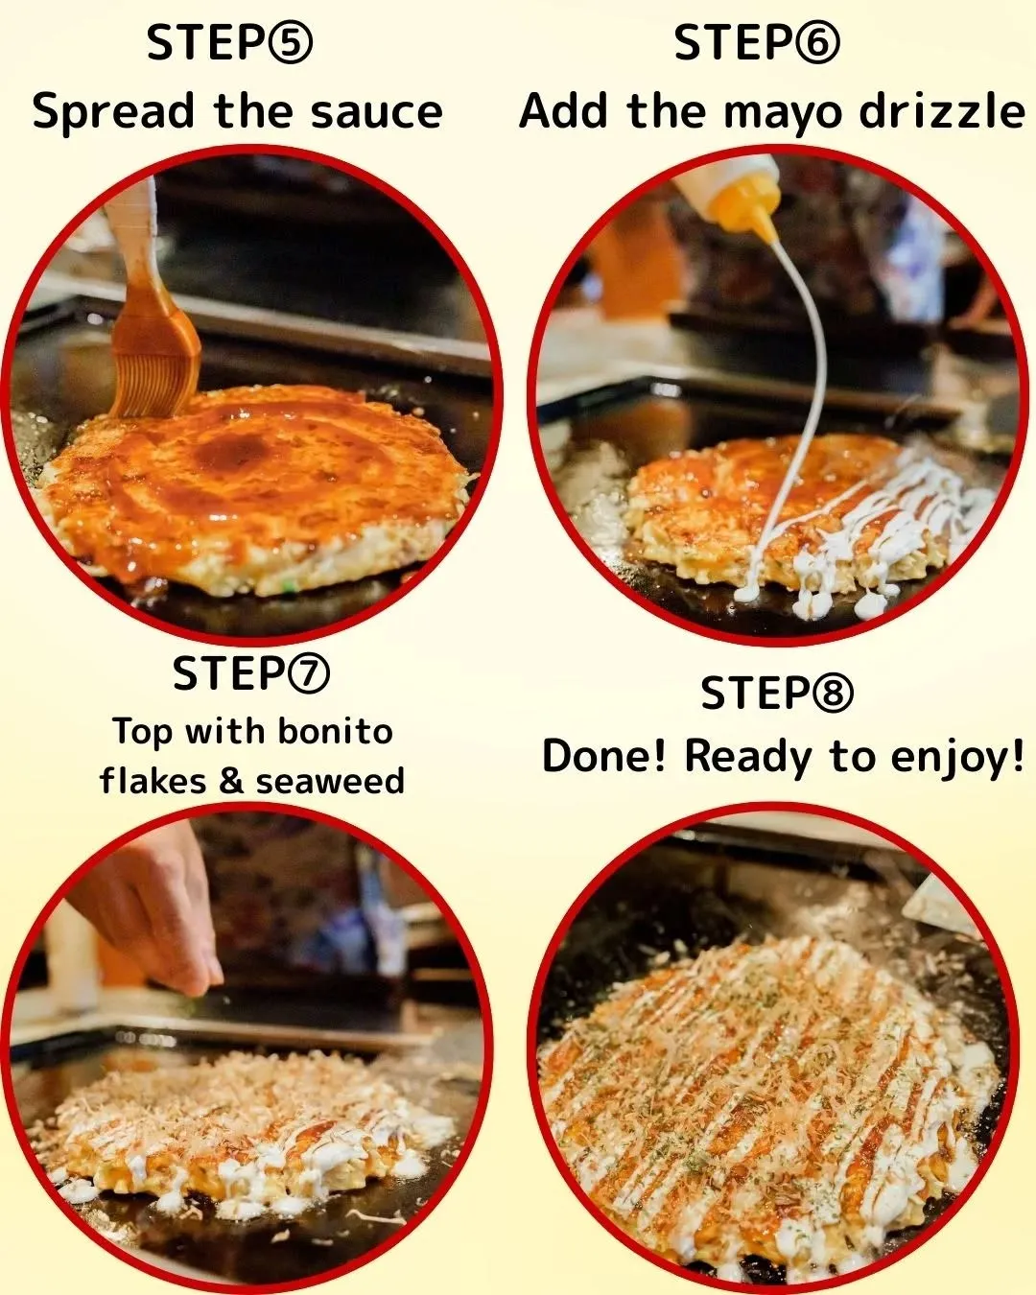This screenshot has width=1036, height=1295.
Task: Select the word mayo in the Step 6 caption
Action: click(782, 113)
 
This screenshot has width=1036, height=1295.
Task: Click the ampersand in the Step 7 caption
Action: click(231, 781)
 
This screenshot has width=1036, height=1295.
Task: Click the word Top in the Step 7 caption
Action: click(143, 732)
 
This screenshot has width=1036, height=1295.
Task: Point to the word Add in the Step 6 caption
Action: click(564, 111)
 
